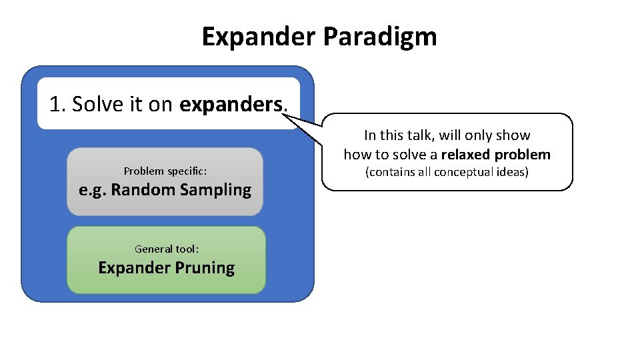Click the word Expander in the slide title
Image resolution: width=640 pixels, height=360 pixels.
click(259, 37)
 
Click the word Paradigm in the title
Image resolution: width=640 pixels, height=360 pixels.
click(379, 37)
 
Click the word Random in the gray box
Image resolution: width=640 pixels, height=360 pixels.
click(141, 190)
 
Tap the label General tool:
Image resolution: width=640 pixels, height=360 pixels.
click(166, 249)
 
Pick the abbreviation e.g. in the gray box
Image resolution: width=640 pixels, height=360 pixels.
click(92, 190)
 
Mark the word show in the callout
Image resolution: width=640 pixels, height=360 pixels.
click(513, 135)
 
